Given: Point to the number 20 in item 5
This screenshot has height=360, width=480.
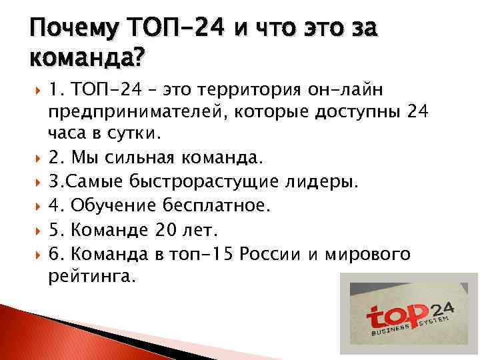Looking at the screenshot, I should [x=162, y=230].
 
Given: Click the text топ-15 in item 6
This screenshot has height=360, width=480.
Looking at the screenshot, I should [x=203, y=254].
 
